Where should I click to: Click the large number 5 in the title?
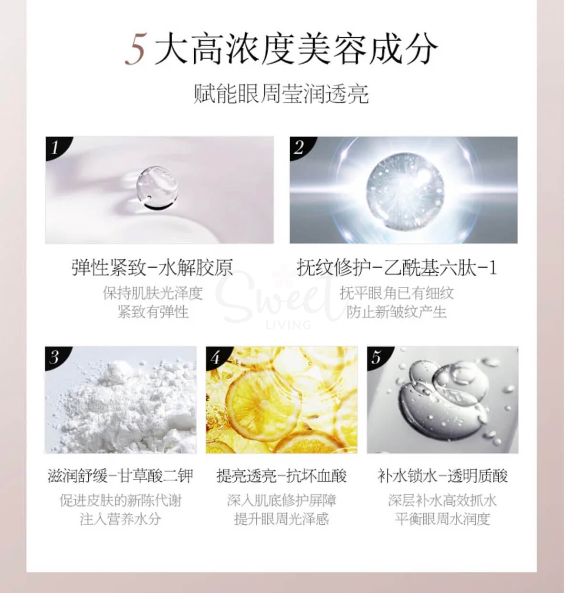pyautogui.click(x=136, y=50)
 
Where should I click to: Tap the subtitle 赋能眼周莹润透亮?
pyautogui.click(x=282, y=94)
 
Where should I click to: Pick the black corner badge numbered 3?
pyautogui.click(x=54, y=356)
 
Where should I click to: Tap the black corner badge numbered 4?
pyautogui.click(x=215, y=356)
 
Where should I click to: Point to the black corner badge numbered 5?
pyautogui.click(x=377, y=356)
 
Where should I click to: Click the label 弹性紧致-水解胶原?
pyautogui.click(x=153, y=268)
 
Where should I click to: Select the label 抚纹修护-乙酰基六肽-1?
pyautogui.click(x=397, y=268)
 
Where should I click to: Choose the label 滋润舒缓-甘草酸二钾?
pyautogui.click(x=121, y=476)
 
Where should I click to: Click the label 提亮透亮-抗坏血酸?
pyautogui.click(x=282, y=476)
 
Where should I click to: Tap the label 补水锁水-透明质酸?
pyautogui.click(x=442, y=476)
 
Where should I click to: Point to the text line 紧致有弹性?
pyautogui.click(x=153, y=312)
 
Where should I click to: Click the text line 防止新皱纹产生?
pyautogui.click(x=397, y=312)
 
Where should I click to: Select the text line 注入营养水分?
pyautogui.click(x=121, y=519)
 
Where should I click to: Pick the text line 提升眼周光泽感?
pyautogui.click(x=282, y=519)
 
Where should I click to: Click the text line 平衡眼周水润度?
pyautogui.click(x=442, y=519)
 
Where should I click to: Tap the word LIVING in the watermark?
pyautogui.click(x=288, y=325)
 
